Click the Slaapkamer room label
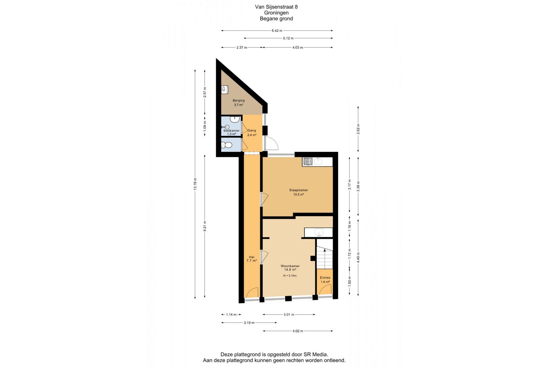pos(298,192)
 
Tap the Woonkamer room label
pos(290,268)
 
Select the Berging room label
pos(239,102)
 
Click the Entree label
pos(325,280)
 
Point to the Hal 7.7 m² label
pos(252,259)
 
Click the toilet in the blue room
pos(227,145)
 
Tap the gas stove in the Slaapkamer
pos(308,161)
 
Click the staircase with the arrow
pos(325,254)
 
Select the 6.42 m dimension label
pos(277,31)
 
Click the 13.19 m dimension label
pos(195,184)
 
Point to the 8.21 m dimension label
pos(205,227)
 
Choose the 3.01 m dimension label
pos(289,314)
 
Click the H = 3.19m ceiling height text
pos(290,276)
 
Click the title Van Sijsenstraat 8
pos(276,7)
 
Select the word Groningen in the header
pos(276,13)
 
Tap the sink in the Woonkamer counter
pos(319,232)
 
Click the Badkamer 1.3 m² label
pos(232,132)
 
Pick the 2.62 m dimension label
pos(358,129)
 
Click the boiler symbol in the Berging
pos(225,89)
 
